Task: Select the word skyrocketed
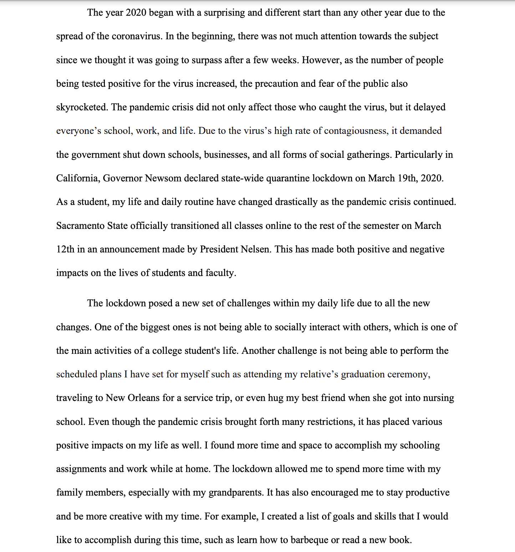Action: [82, 107]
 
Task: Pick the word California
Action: [78, 178]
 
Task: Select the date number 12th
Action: [65, 249]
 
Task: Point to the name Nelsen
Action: [255, 249]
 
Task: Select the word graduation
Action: [363, 374]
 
